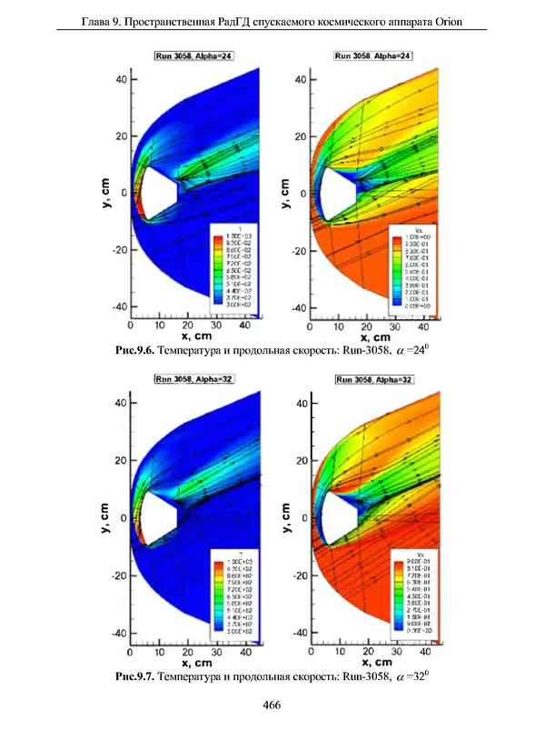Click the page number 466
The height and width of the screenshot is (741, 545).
click(272, 705)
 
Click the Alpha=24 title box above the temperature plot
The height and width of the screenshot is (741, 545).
click(193, 56)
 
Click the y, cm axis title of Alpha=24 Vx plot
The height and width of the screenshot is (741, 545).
click(285, 191)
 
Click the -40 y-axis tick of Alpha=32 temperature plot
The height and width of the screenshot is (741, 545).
click(117, 632)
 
